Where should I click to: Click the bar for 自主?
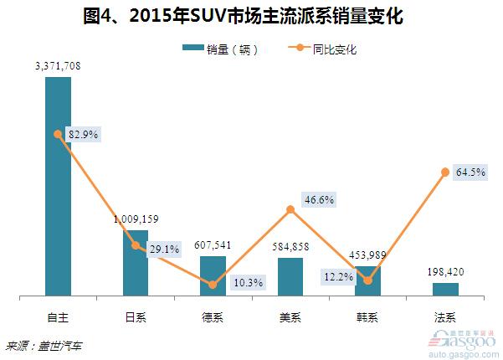point(58,186)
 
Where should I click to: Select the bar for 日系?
point(135,263)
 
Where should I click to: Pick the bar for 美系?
point(290,277)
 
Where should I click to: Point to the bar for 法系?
point(445,289)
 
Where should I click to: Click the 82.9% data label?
point(83,134)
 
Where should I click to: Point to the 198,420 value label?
point(445,272)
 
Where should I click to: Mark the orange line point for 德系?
point(213,285)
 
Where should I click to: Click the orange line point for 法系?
point(445,172)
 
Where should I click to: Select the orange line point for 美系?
point(290,209)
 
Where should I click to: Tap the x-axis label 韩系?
point(367,317)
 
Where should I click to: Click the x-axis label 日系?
point(135,317)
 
